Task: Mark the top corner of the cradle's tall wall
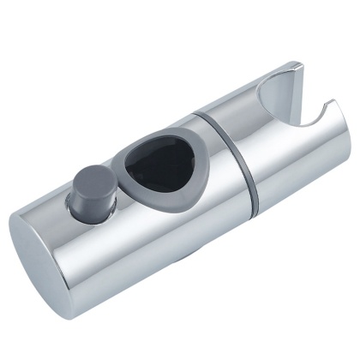297,64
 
